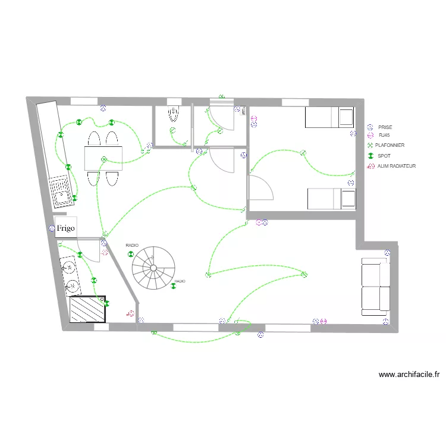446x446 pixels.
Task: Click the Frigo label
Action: point(65,227)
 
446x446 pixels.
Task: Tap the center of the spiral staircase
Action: point(153,268)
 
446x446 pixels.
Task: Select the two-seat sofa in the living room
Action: point(375,287)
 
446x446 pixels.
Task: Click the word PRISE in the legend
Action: point(385,127)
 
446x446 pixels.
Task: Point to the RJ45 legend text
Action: point(384,136)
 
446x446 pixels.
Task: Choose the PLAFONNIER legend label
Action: point(390,145)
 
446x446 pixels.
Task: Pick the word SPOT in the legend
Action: point(384,156)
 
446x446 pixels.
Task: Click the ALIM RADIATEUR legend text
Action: point(397,166)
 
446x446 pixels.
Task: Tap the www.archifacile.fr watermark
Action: point(409,375)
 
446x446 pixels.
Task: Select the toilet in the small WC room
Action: point(174,113)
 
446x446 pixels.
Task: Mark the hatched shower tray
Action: point(88,309)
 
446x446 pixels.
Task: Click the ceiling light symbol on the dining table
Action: point(103,159)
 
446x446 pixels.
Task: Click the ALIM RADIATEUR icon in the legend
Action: point(370,166)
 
